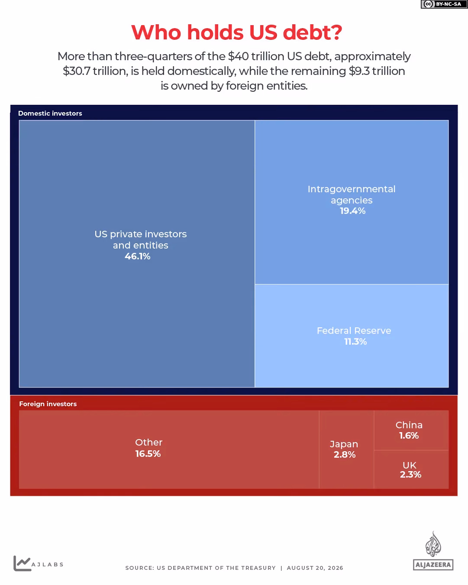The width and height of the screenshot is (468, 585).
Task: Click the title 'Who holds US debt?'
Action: click(x=236, y=32)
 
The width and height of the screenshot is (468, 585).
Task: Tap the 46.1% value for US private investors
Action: click(x=138, y=256)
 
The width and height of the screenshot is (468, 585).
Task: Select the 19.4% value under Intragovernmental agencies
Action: click(x=352, y=211)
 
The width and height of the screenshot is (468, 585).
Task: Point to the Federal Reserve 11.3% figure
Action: click(x=355, y=342)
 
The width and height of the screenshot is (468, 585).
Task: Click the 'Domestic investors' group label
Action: click(x=50, y=113)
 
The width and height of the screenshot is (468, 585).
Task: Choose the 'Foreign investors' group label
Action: click(x=48, y=404)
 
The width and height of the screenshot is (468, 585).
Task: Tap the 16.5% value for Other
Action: click(x=148, y=453)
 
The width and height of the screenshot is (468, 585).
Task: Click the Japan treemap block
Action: click(x=346, y=449)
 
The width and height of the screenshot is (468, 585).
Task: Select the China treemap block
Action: click(x=411, y=430)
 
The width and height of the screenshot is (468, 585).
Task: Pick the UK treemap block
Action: click(x=411, y=469)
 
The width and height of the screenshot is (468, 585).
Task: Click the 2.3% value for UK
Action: click(x=410, y=474)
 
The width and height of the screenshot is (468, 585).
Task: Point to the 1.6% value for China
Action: click(x=409, y=436)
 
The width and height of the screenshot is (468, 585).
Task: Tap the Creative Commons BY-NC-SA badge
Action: click(x=444, y=4)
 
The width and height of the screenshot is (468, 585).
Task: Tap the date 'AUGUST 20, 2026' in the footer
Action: click(x=315, y=568)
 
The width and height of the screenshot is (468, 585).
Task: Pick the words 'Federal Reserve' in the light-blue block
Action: click(x=354, y=330)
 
